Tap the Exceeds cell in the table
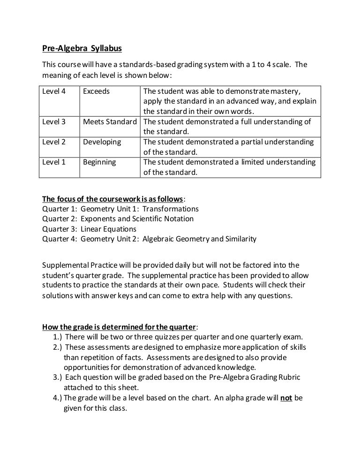[x=96, y=91]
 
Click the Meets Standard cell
[x=110, y=122]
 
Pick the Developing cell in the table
[x=102, y=142]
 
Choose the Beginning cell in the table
[x=100, y=162]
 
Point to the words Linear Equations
[x=108, y=229]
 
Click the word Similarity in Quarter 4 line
[x=240, y=239]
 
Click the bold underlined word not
[x=286, y=398]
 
